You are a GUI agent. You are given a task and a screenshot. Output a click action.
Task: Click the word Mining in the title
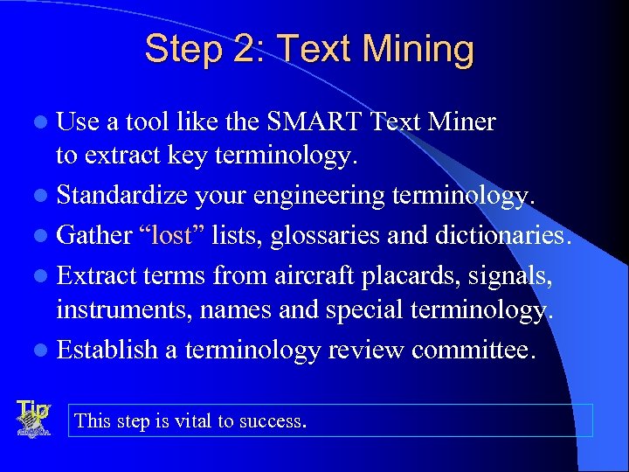(423, 49)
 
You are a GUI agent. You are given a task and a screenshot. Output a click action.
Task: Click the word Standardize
(121, 196)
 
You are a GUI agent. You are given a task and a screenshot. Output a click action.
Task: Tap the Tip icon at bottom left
(33, 419)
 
